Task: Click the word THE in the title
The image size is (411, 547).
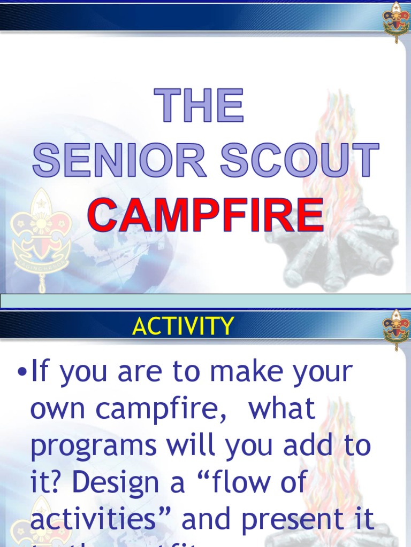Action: [x=199, y=106]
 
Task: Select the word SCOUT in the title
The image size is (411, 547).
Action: [x=300, y=160]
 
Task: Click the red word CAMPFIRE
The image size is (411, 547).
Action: [x=205, y=215]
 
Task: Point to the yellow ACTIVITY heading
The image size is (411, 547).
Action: [x=183, y=326]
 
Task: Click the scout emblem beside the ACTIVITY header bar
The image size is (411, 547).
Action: [x=396, y=329]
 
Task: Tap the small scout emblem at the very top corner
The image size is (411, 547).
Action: [x=396, y=21]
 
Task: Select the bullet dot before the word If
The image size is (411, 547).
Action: [x=22, y=372]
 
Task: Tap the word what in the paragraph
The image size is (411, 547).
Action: [x=283, y=409]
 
